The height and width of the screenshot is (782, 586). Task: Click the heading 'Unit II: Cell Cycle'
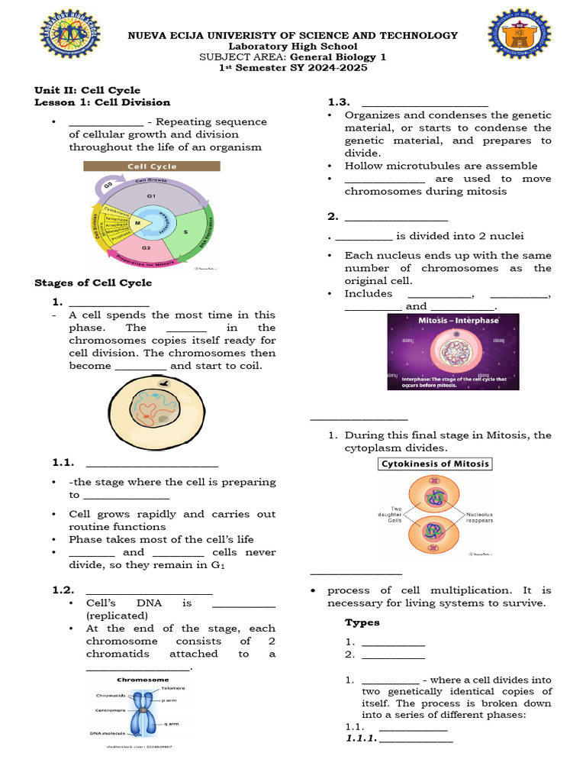pos(88,90)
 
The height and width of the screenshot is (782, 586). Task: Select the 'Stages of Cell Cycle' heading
pos(93,283)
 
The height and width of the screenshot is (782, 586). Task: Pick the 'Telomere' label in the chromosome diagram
pos(172,687)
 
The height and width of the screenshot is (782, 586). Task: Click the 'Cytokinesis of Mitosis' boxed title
pos(435,464)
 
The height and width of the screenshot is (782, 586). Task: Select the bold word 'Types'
pos(362,622)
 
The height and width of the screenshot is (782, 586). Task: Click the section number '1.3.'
pos(339,102)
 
